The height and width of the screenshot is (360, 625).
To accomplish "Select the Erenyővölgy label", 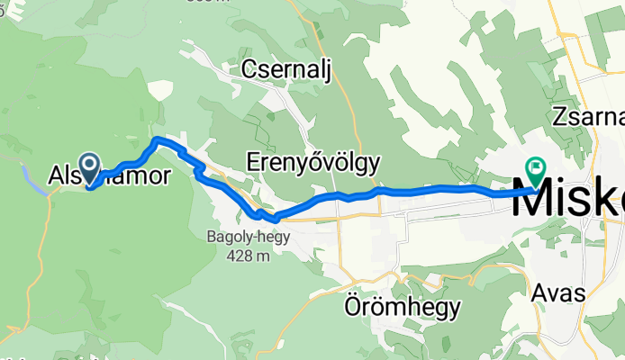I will (312, 163).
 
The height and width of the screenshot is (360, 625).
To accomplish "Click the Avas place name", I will (557, 294).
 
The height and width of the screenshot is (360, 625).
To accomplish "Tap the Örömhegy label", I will (403, 309).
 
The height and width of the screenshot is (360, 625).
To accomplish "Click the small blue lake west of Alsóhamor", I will (29, 181).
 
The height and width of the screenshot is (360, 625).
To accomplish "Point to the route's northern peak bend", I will (159, 139).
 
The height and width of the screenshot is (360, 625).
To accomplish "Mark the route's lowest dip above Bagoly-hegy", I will (264, 216).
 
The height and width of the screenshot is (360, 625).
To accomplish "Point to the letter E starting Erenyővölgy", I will (253, 163).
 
